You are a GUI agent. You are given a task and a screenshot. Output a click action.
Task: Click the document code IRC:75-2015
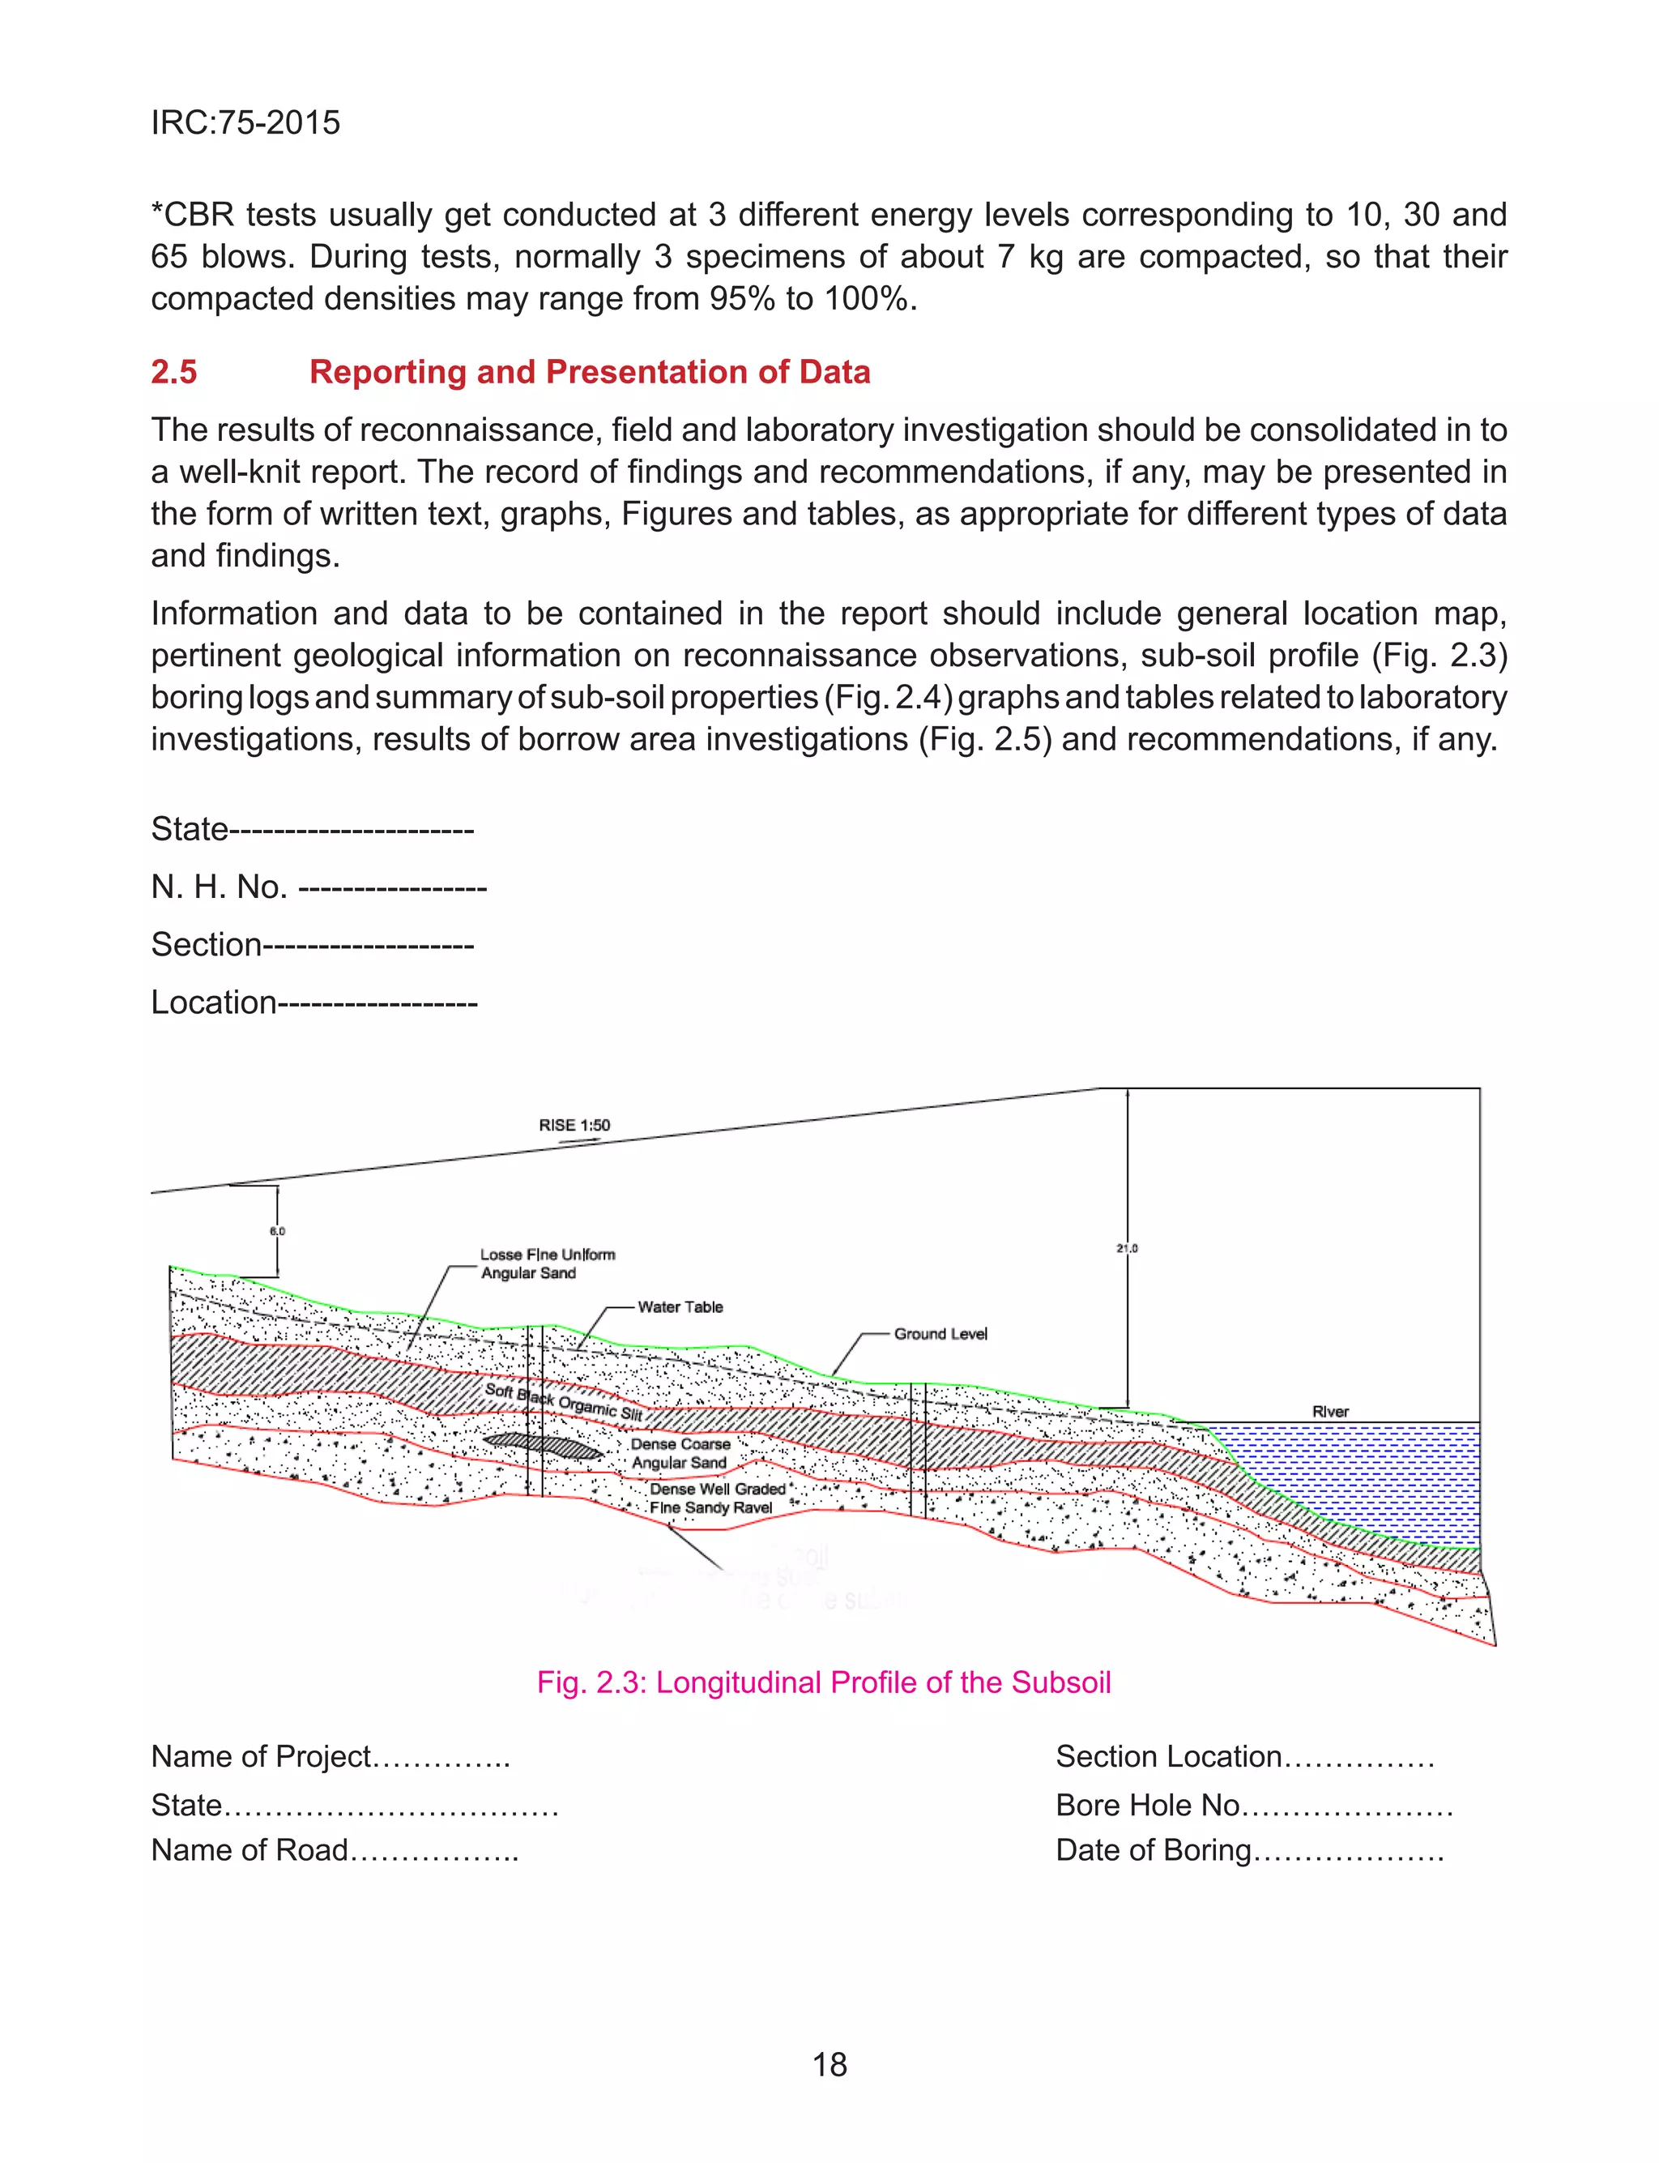tap(245, 122)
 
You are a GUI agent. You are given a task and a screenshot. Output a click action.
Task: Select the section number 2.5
tap(174, 372)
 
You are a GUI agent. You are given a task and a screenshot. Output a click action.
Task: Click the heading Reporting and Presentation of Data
tap(590, 372)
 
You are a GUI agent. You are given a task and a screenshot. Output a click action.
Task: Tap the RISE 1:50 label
tap(574, 1125)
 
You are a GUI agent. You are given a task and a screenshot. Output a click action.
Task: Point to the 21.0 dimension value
tap(1127, 1248)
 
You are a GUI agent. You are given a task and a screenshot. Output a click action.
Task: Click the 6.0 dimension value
tap(278, 1232)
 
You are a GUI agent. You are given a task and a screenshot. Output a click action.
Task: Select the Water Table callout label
tap(680, 1306)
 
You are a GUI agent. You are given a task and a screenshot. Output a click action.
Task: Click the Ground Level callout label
tap(940, 1333)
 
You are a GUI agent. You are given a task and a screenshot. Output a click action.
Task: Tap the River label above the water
tap(1330, 1412)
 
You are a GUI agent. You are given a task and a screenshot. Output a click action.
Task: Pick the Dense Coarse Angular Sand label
tap(680, 1453)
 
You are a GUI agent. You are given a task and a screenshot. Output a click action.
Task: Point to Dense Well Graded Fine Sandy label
tap(715, 1498)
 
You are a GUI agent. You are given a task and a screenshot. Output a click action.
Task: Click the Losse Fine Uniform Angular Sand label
tap(546, 1263)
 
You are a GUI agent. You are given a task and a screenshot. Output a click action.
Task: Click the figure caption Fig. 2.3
tap(824, 1682)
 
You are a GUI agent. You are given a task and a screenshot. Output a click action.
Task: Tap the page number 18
tap(829, 2064)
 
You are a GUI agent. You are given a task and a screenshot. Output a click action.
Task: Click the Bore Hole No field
tap(1253, 1805)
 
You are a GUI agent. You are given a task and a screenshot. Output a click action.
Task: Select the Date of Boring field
tap(1249, 1850)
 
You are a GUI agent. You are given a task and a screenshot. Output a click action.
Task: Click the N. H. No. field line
tap(318, 887)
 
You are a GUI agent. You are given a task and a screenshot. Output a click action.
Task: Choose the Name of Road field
tap(334, 1850)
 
